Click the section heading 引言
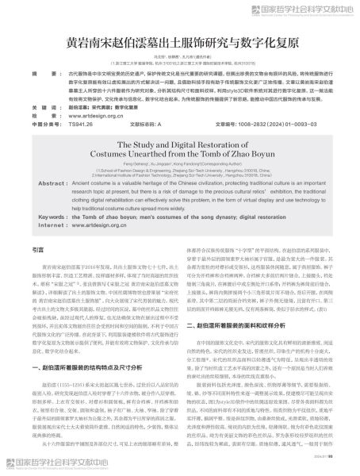[x=38, y=272]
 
